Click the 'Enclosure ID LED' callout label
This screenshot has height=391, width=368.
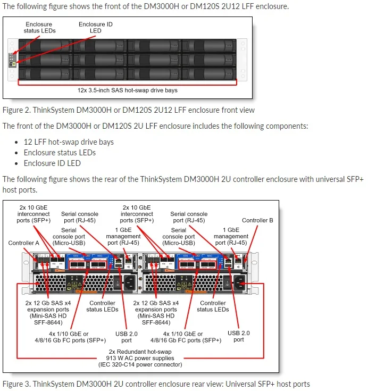tap(95, 28)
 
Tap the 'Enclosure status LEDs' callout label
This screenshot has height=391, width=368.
tap(40, 28)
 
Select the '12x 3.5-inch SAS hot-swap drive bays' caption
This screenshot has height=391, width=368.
tap(127, 90)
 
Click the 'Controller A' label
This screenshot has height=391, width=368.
tap(24, 243)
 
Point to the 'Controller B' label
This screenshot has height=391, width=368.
tap(257, 220)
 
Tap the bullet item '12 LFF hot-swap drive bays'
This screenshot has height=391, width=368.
tap(69, 142)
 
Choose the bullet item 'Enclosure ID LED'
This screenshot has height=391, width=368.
tap(52, 163)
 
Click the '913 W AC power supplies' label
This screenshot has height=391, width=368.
tap(140, 358)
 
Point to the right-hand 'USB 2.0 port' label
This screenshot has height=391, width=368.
tap(239, 336)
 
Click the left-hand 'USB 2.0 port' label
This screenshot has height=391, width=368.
tap(127, 336)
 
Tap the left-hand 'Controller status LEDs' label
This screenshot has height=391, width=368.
tap(102, 306)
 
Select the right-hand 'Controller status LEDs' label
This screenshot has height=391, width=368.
tap(213, 306)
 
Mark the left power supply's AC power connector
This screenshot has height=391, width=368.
tap(129, 282)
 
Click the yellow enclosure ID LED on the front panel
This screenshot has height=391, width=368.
tap(12, 64)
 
